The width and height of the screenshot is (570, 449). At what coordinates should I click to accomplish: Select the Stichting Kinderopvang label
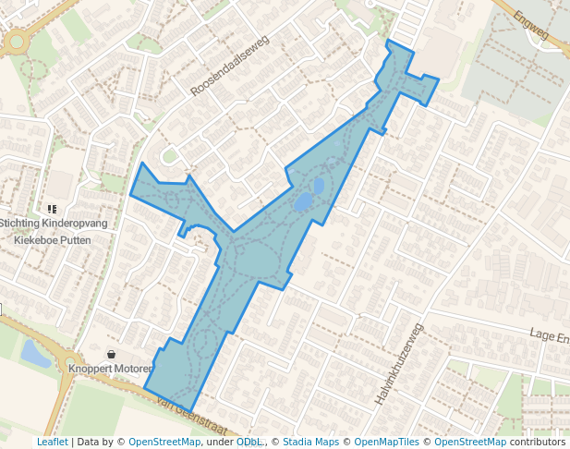coord(54,224)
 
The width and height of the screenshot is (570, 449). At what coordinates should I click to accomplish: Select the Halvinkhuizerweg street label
coord(399,366)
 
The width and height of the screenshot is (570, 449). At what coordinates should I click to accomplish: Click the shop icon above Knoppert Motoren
coord(112,354)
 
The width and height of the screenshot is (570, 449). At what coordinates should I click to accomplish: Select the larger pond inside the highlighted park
coord(302,201)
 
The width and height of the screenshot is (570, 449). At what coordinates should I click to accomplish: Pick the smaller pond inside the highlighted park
coord(319,186)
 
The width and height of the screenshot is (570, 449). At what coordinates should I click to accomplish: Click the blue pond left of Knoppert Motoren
coord(34,353)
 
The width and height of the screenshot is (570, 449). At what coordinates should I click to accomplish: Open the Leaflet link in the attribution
coord(52,442)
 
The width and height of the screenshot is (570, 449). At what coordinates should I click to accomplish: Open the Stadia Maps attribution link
coord(311,442)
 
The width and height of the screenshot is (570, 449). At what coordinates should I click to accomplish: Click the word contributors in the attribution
coord(537,442)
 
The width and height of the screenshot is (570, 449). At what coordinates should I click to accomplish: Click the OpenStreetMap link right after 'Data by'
coord(164,442)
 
